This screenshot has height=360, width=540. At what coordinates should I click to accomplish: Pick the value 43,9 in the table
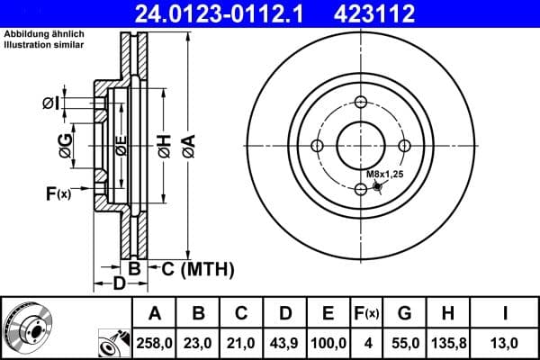click(x=285, y=343)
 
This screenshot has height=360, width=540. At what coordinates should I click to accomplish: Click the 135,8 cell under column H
click(x=446, y=343)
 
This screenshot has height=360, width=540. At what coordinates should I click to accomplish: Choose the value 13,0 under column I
click(x=507, y=343)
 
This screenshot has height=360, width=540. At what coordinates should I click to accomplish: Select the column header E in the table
click(x=328, y=313)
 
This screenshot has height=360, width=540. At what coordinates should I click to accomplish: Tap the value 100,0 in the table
click(x=328, y=343)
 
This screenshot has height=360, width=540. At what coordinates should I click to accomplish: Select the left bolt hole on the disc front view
click(x=317, y=146)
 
